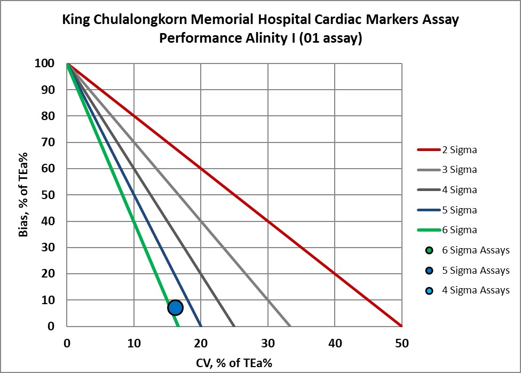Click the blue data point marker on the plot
175,307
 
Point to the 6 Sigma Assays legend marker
429,250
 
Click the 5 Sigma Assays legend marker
429,271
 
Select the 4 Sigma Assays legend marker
429,290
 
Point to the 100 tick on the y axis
44,64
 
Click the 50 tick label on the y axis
48,195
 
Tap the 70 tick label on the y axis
48,142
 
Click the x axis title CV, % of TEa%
234,363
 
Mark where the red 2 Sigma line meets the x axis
401,326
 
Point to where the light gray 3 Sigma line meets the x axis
290,326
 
